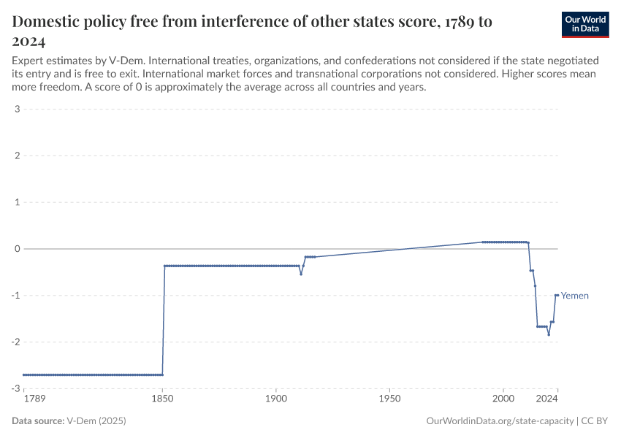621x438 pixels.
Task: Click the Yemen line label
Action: click(574, 296)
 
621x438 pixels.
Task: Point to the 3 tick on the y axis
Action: click(16, 109)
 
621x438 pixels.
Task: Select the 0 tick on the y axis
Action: click(16, 249)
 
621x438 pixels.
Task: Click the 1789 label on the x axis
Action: click(34, 399)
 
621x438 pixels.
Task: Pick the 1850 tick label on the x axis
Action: click(162, 399)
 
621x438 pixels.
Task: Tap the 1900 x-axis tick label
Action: click(275, 399)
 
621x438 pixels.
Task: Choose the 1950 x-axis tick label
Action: click(389, 399)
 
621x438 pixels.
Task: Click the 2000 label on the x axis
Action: click(503, 399)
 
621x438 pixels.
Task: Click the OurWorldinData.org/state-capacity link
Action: click(500, 421)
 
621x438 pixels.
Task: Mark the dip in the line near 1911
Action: click(301, 274)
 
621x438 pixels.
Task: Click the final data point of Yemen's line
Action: click(557, 295)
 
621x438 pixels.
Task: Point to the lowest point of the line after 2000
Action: click(549, 334)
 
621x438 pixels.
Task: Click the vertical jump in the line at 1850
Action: click(164, 321)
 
